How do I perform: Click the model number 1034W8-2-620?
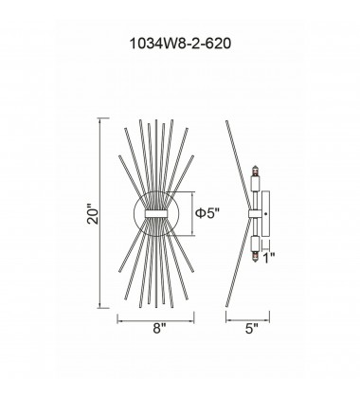(180, 44)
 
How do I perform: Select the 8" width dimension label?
(159, 329)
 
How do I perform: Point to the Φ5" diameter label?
(207, 213)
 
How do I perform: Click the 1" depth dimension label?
(268, 258)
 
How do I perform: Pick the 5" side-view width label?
(252, 329)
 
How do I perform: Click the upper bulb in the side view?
(255, 172)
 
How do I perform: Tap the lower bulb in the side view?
(255, 256)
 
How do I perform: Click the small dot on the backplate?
(266, 214)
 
